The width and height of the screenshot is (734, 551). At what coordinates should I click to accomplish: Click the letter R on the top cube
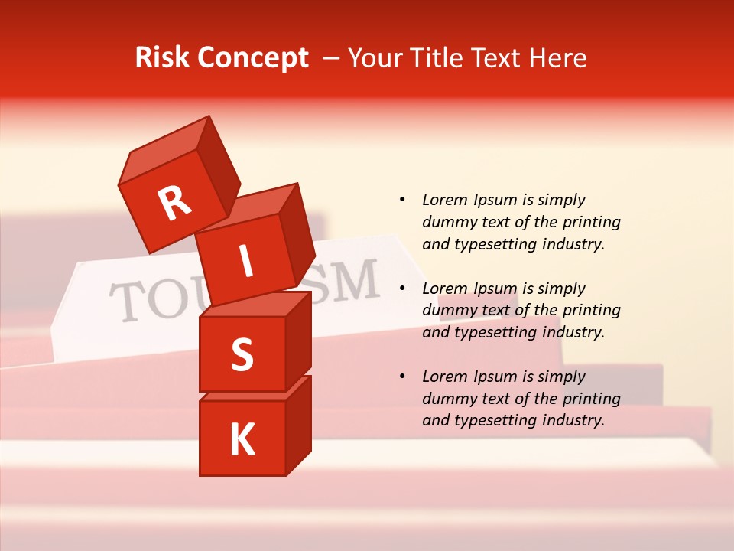[174, 203]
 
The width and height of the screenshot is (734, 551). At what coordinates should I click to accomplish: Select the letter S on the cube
[242, 355]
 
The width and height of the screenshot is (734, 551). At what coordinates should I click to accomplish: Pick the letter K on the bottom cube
[242, 440]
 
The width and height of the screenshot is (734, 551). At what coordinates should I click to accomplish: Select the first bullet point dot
[402, 200]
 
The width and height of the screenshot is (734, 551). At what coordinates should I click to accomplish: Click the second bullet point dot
[402, 289]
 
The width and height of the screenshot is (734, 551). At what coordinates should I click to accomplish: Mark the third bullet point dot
[402, 377]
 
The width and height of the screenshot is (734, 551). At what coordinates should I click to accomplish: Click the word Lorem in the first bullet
[445, 200]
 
